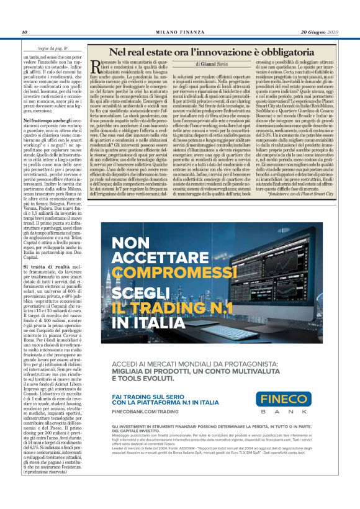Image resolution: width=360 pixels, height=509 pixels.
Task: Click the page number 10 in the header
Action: (x=24, y=32)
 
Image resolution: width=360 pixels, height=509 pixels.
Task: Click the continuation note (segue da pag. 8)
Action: (x=52, y=48)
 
